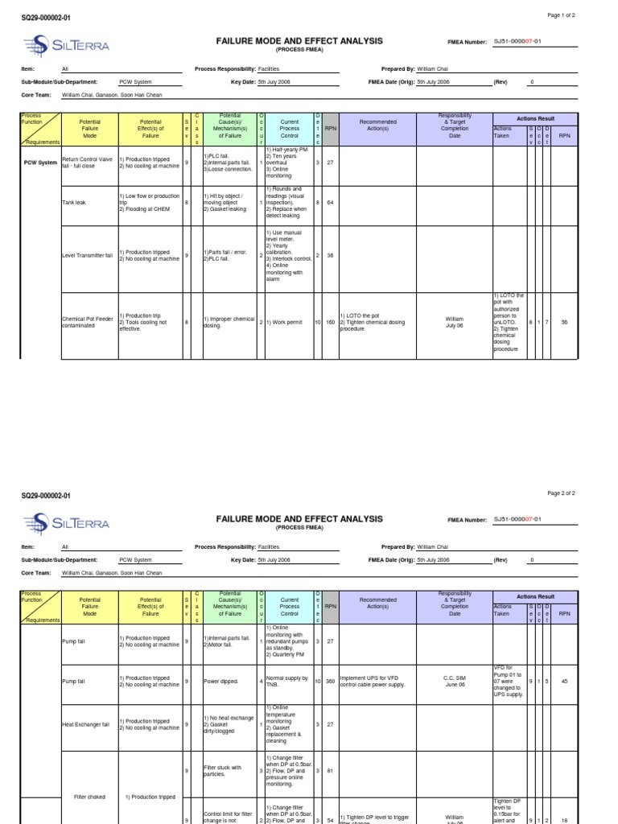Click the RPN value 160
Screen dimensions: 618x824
click(330, 322)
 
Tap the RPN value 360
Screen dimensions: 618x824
click(330, 681)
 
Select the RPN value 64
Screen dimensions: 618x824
click(330, 203)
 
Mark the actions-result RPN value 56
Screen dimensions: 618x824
click(564, 322)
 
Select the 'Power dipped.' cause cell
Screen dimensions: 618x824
click(221, 681)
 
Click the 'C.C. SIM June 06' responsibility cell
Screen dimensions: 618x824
click(455, 681)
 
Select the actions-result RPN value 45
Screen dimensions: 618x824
click(564, 681)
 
